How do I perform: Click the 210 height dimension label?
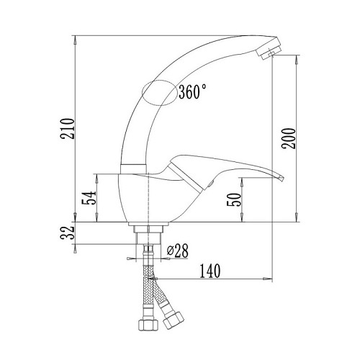point(68,128)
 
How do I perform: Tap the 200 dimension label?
point(289,138)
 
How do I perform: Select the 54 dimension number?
point(89,198)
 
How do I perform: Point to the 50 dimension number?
point(234,199)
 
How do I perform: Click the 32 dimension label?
point(68,233)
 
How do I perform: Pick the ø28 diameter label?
point(178,251)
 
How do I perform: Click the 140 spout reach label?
point(210,271)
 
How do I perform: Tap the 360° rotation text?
point(192,91)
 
